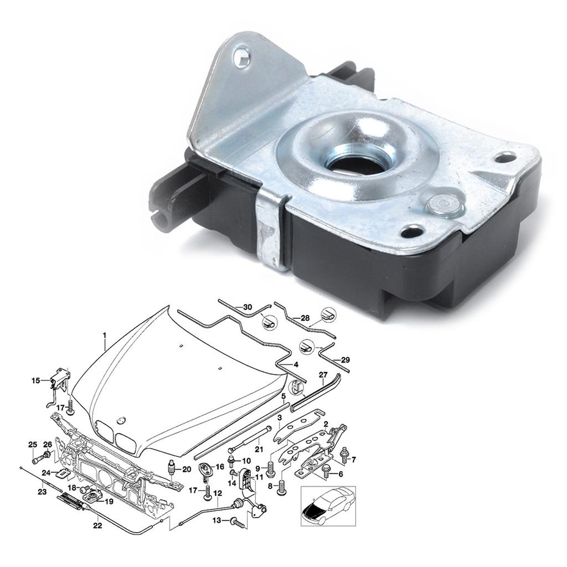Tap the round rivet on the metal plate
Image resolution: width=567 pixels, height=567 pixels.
click(x=444, y=207)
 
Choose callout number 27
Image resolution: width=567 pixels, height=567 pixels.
click(x=323, y=375)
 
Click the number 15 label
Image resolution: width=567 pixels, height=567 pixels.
click(x=36, y=380)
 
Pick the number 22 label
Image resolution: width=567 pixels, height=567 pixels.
click(x=97, y=525)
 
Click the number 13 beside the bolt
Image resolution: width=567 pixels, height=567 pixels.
click(x=217, y=520)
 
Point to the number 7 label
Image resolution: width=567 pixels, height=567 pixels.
click(x=354, y=459)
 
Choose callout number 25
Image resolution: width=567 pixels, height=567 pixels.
click(x=33, y=445)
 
